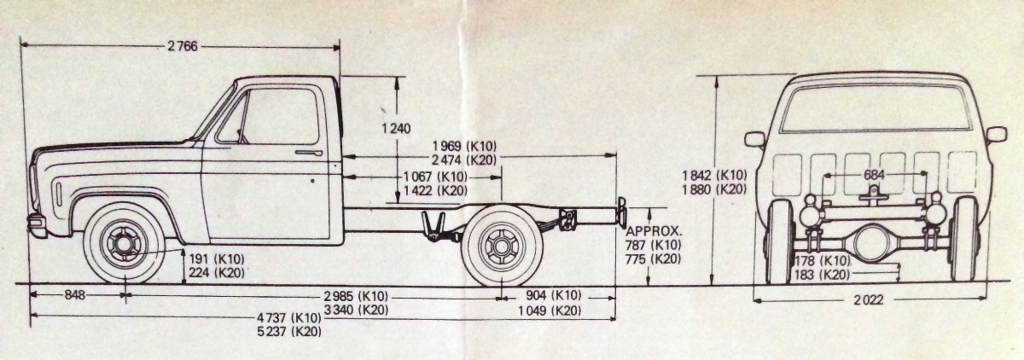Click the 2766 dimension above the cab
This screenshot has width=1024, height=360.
click(183, 46)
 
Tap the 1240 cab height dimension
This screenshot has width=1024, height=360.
click(398, 129)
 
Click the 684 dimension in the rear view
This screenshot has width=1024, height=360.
click(874, 174)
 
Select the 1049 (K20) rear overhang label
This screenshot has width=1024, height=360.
click(550, 310)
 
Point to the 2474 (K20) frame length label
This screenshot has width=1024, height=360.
click(464, 159)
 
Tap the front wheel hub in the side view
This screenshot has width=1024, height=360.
click(124, 244)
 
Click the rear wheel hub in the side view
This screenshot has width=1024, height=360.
click(502, 247)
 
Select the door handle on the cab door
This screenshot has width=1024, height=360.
click(308, 153)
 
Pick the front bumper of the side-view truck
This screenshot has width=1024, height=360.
click(37, 226)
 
